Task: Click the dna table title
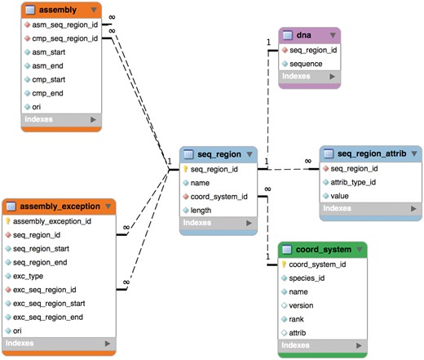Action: (303, 36)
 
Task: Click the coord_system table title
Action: (320, 249)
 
